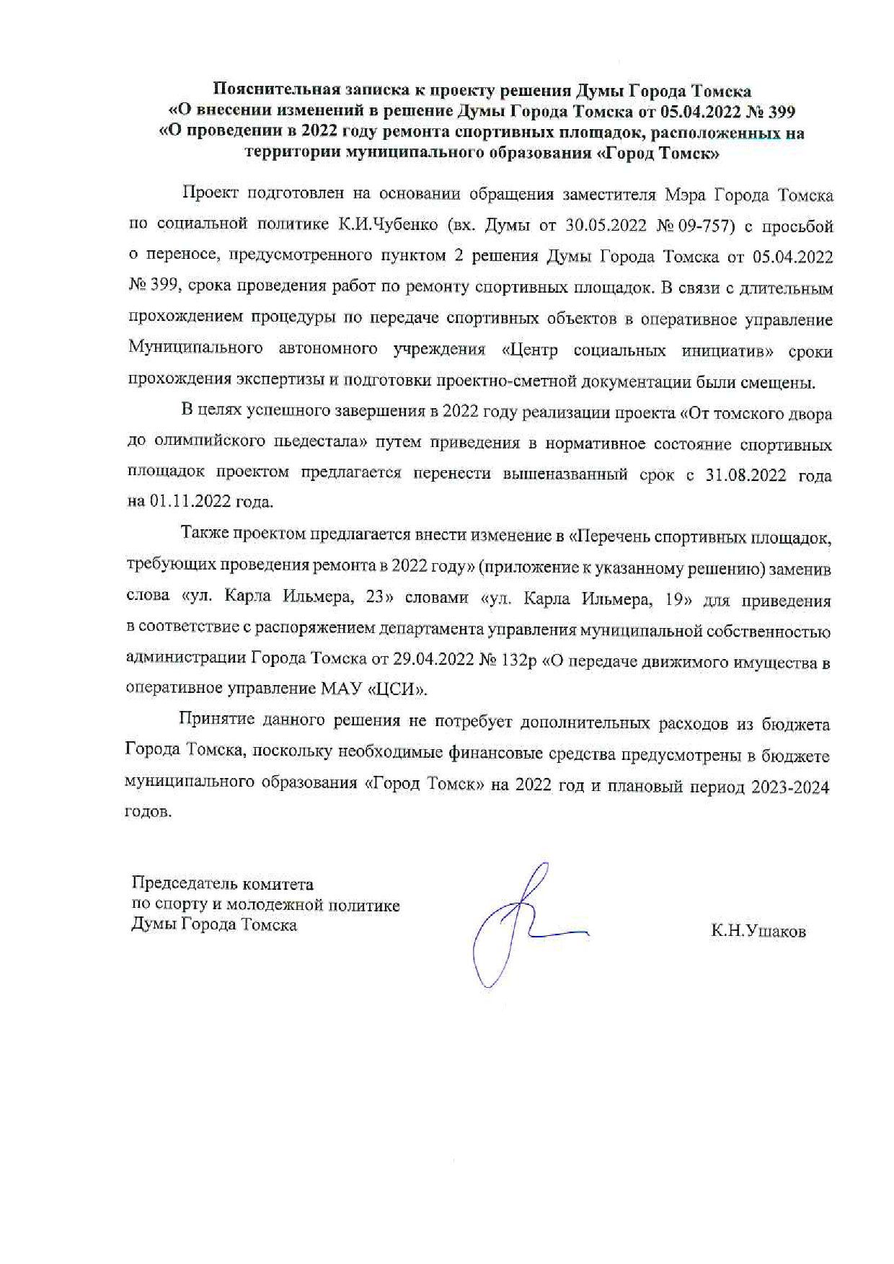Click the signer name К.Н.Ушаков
758,932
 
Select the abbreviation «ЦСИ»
398,689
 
